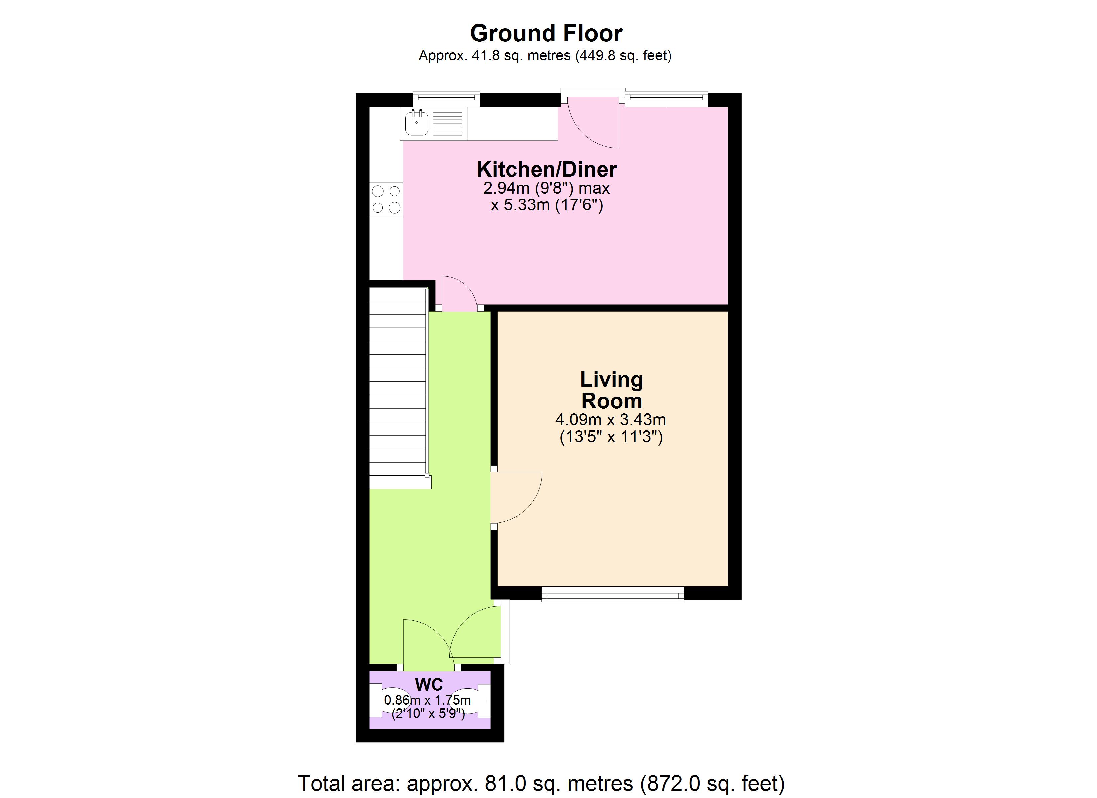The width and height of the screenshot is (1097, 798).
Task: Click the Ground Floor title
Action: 546,33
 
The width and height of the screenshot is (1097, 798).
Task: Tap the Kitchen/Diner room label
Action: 547,169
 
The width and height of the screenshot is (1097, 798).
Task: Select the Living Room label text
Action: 611,390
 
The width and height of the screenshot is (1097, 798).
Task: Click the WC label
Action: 428,685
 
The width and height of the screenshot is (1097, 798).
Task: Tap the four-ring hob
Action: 386,199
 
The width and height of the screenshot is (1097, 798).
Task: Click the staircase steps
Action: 398,387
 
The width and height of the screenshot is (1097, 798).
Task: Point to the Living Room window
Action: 612,594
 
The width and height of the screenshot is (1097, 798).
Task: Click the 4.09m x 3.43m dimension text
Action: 610,420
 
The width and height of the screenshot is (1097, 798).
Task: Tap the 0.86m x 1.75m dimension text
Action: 427,700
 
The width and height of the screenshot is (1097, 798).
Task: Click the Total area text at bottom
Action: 541,783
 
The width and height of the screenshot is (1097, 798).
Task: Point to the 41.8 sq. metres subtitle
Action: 545,56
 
